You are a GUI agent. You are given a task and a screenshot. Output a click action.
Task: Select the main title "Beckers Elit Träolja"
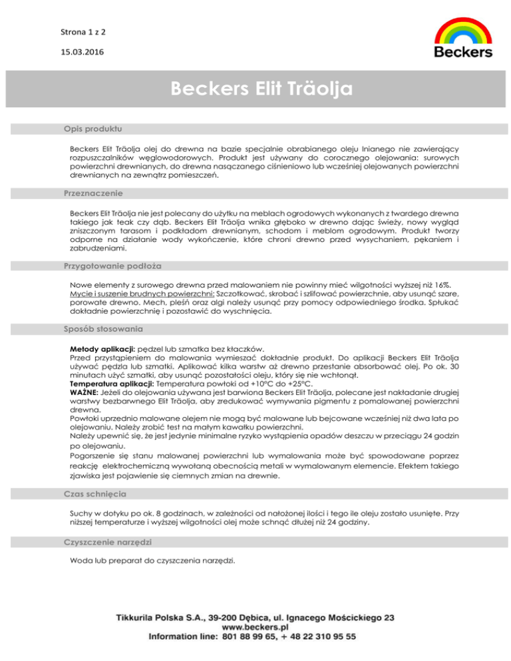260,88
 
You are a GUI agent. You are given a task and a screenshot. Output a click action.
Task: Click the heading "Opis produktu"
92,127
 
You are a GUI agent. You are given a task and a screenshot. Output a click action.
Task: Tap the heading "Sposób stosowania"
103,329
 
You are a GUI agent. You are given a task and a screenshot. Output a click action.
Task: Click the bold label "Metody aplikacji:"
102,348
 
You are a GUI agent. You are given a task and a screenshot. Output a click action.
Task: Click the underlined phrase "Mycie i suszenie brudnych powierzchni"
142,293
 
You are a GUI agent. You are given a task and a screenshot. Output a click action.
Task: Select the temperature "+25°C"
295,384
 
